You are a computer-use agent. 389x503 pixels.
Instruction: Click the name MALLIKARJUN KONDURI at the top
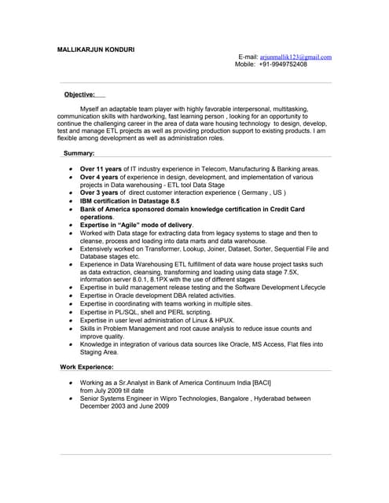pos(96,50)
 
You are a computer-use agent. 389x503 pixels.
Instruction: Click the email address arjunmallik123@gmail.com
pos(295,57)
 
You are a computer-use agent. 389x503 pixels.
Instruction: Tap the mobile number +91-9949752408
pos(281,64)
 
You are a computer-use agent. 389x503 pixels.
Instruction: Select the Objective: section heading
pos(79,94)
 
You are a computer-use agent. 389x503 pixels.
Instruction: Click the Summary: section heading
pos(79,153)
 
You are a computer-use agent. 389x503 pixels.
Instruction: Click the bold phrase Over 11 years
pos(101,169)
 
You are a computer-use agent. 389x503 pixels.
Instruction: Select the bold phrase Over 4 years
pos(99,177)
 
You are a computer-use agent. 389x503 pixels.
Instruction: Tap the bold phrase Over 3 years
pos(99,193)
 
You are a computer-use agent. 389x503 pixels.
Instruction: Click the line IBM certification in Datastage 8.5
pos(130,201)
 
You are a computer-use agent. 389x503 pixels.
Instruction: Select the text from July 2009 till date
pos(112,390)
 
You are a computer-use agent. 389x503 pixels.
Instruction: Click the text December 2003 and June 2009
pos(124,406)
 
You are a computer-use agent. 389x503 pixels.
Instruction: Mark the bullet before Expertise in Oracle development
pos(71,296)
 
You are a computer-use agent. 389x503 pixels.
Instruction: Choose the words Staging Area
pos(99,352)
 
